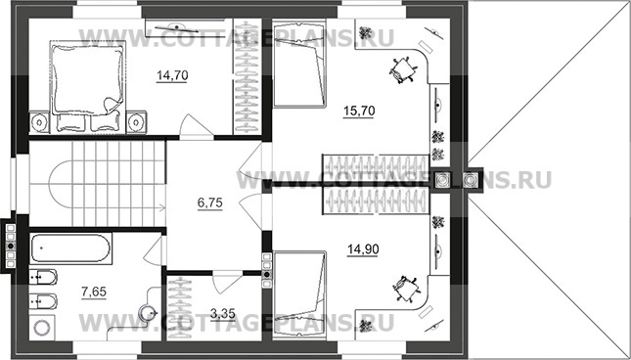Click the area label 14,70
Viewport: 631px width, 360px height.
tap(172, 75)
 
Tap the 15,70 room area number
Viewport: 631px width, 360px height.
tap(359, 111)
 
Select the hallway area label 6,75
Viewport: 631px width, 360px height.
tap(210, 203)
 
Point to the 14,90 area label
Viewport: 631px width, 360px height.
tap(363, 249)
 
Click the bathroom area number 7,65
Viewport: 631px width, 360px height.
tap(94, 292)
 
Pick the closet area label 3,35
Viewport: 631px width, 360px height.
tap(222, 313)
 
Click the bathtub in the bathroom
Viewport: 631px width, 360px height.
tap(70, 248)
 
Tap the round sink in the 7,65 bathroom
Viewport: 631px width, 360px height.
tap(146, 312)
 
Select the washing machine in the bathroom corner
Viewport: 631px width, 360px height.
tap(41, 328)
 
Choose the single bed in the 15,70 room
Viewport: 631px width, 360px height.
tap(298, 64)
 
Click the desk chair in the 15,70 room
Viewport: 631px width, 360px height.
tap(402, 70)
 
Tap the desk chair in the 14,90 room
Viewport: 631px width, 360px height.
tap(406, 289)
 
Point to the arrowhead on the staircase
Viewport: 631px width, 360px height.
tap(163, 208)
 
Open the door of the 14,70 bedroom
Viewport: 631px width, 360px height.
tap(196, 126)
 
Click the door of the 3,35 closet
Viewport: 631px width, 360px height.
tap(227, 284)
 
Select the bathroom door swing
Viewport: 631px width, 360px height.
tap(155, 250)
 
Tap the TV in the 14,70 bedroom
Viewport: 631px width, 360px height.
tap(176, 27)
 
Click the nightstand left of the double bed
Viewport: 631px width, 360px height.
tap(39, 122)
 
